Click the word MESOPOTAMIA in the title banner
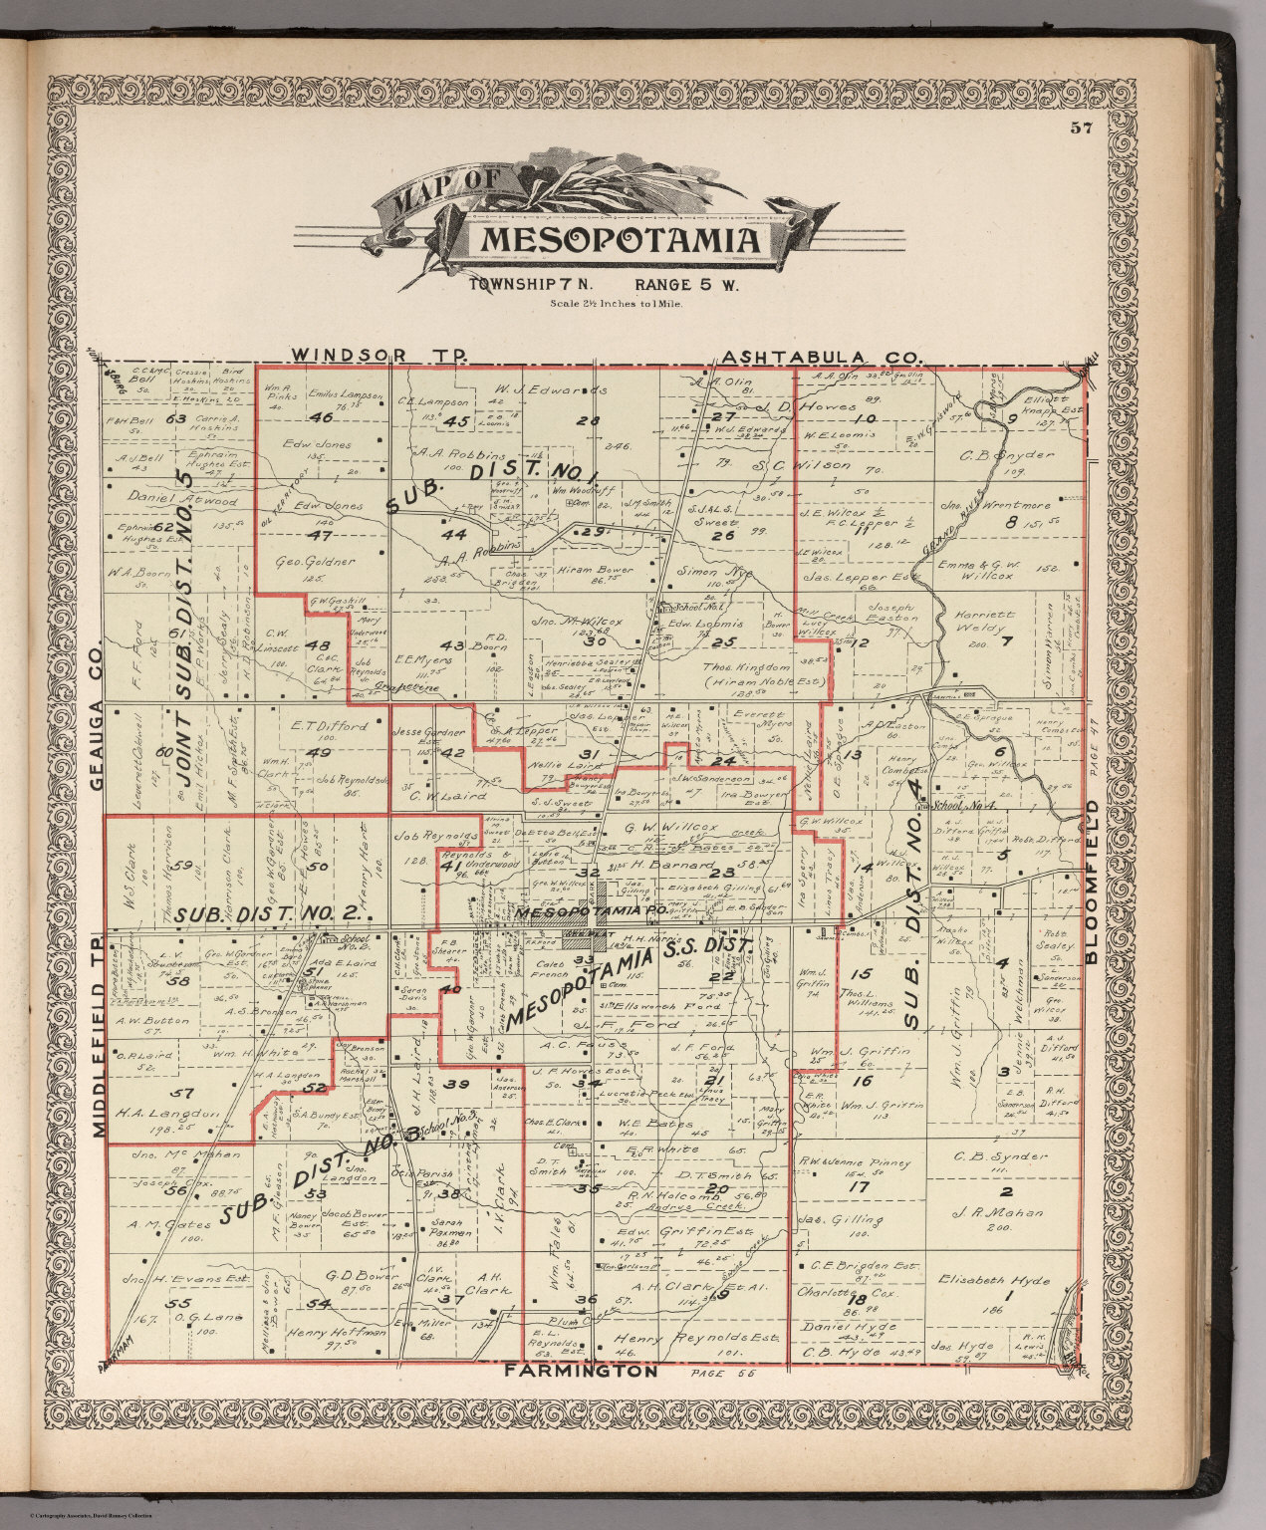point(623,240)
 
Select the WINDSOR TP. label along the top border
point(373,356)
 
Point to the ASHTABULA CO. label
point(823,356)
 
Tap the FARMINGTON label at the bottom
point(581,1371)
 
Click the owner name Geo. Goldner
point(315,562)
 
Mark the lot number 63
point(176,419)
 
